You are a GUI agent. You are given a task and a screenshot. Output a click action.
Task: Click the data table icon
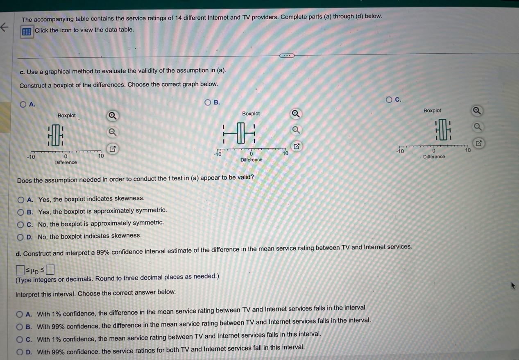click(x=27, y=32)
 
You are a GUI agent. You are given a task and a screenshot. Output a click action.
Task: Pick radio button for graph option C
click(x=389, y=99)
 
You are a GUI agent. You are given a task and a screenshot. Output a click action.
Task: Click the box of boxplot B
click(x=240, y=132)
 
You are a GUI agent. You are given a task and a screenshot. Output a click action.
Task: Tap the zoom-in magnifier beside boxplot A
click(x=112, y=116)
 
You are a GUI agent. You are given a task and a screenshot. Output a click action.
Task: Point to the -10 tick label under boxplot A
click(x=31, y=157)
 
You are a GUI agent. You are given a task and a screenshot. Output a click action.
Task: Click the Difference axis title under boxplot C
click(x=434, y=157)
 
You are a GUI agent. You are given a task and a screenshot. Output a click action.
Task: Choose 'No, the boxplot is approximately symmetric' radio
click(x=21, y=224)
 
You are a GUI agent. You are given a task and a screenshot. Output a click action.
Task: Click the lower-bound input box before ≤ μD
click(x=20, y=270)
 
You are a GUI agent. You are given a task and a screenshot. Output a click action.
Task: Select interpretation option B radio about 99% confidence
click(x=19, y=327)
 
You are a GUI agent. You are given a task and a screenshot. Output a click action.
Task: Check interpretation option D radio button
click(x=19, y=352)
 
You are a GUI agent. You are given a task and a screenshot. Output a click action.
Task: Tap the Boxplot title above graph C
click(x=432, y=111)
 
